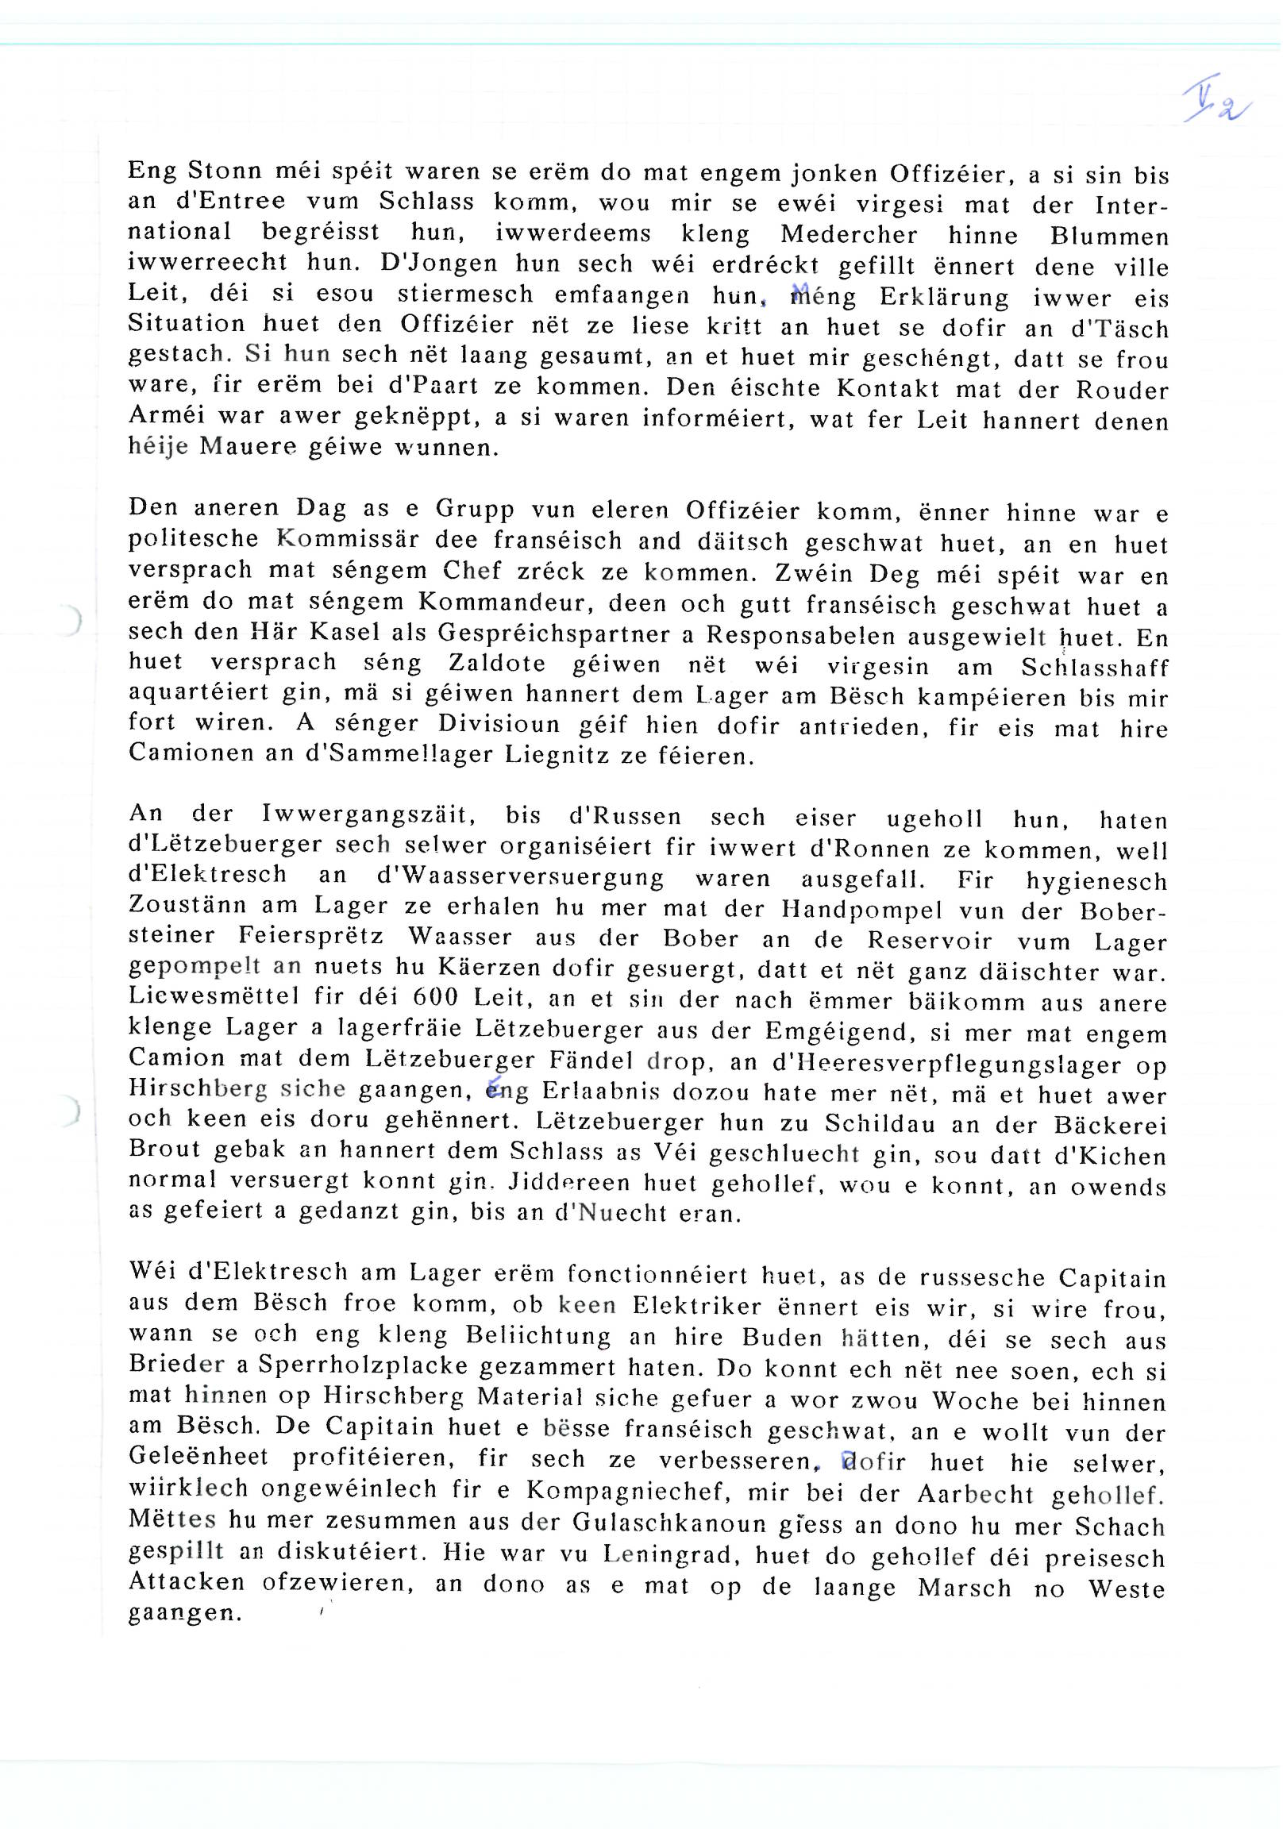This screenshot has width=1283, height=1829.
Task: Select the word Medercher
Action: click(x=849, y=235)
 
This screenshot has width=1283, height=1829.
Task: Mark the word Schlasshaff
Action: click(x=1094, y=667)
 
